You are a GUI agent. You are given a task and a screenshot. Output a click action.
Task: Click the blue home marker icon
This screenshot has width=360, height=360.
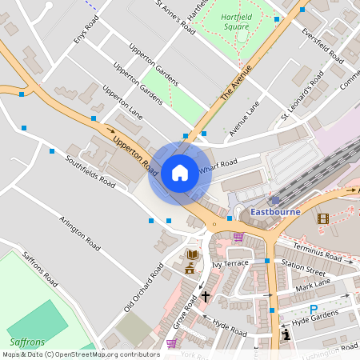(x=179, y=173)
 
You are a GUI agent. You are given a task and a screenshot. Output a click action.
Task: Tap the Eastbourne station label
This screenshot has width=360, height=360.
(x=274, y=212)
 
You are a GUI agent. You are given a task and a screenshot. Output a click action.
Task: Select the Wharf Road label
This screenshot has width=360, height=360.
(x=218, y=163)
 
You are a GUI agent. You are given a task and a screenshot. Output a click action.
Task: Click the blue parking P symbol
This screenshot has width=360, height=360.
(x=314, y=310)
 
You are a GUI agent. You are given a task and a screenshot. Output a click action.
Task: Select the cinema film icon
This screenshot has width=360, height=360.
(x=322, y=218)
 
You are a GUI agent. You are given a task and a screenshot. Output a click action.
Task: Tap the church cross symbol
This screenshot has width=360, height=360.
(x=206, y=297)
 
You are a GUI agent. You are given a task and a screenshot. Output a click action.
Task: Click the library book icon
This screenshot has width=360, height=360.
(x=191, y=255)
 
